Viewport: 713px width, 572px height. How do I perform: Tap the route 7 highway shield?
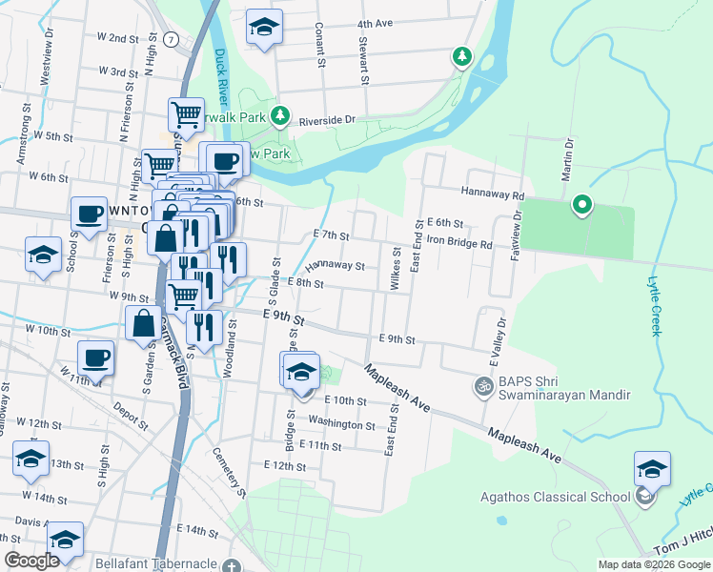point(169,38)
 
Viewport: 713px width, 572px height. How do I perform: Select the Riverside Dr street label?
point(327,120)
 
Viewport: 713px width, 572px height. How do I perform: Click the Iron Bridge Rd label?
point(458,243)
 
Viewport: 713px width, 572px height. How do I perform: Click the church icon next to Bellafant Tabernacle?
point(231,565)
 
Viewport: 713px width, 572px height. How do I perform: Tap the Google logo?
point(31,561)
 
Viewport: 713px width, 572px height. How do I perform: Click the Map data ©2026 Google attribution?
point(653,564)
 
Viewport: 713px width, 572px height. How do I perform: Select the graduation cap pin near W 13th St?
point(31,459)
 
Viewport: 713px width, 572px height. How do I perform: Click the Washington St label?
point(342,423)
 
